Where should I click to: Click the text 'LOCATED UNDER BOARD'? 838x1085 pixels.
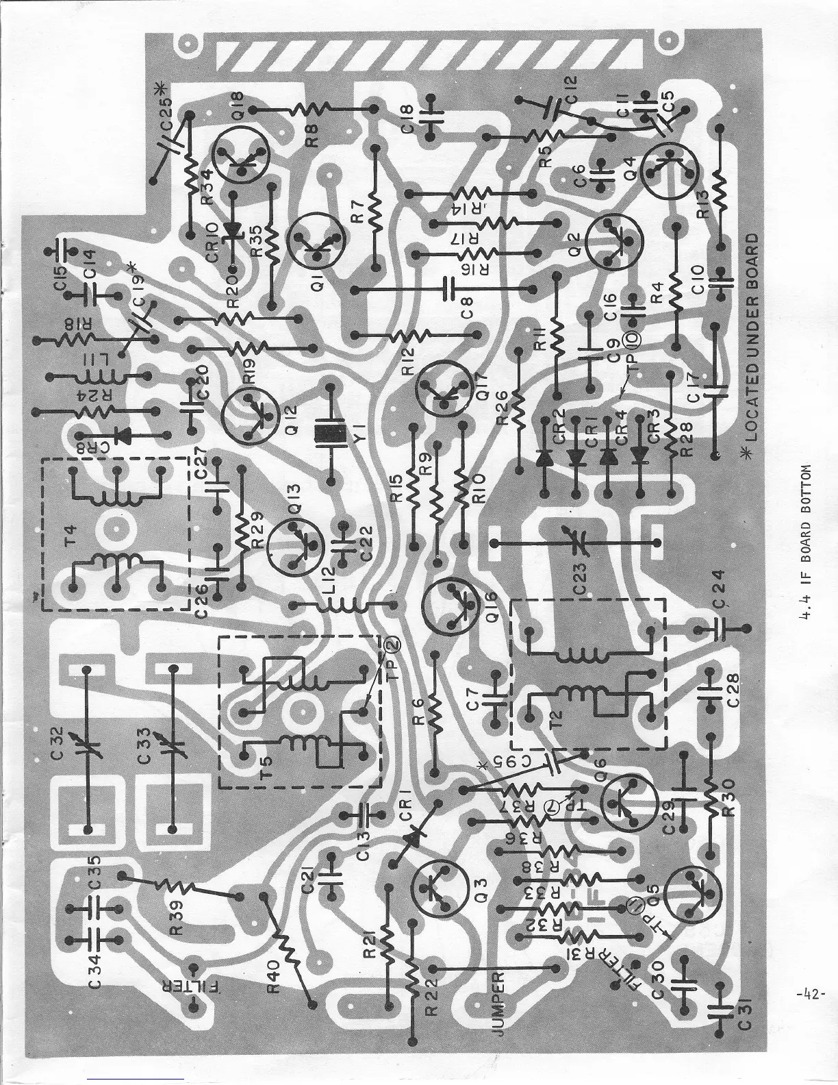pyautogui.click(x=751, y=338)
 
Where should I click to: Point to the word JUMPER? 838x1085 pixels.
pyautogui.click(x=498, y=993)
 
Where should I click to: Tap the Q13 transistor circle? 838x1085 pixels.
pyautogui.click(x=294, y=541)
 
